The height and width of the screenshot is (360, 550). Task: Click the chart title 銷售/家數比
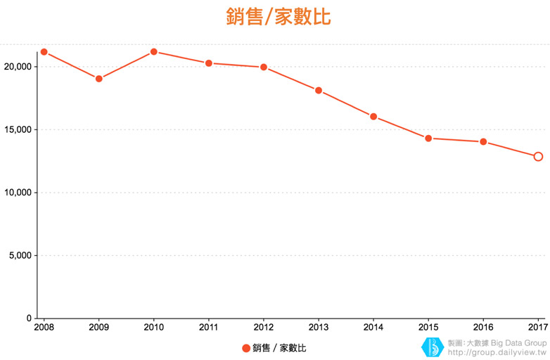coord(279,17)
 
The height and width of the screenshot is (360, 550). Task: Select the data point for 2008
coord(44,52)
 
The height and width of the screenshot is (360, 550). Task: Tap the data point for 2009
coord(99,79)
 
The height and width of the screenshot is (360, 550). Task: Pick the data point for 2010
coord(154,52)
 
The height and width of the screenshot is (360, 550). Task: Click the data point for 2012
coord(264,67)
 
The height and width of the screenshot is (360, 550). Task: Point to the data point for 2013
coord(319,91)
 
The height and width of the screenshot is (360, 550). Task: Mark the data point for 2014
coord(373,117)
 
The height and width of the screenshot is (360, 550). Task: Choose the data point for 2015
coord(428,139)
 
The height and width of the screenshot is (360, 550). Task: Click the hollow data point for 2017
coord(538,157)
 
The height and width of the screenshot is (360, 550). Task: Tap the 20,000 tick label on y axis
coord(18,67)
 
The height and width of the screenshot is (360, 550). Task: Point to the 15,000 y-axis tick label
coord(18,130)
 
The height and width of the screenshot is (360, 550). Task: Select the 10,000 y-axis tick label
coord(18,193)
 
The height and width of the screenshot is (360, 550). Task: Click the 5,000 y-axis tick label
coord(20,256)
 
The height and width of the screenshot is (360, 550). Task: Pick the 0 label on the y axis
coord(29,319)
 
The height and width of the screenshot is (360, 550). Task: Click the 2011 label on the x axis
coord(209,328)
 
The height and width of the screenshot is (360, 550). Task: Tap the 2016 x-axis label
coord(483,328)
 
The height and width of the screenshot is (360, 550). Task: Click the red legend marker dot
coord(246,348)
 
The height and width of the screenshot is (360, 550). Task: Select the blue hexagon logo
coord(431,347)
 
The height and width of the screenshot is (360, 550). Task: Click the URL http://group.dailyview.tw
coord(497,352)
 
